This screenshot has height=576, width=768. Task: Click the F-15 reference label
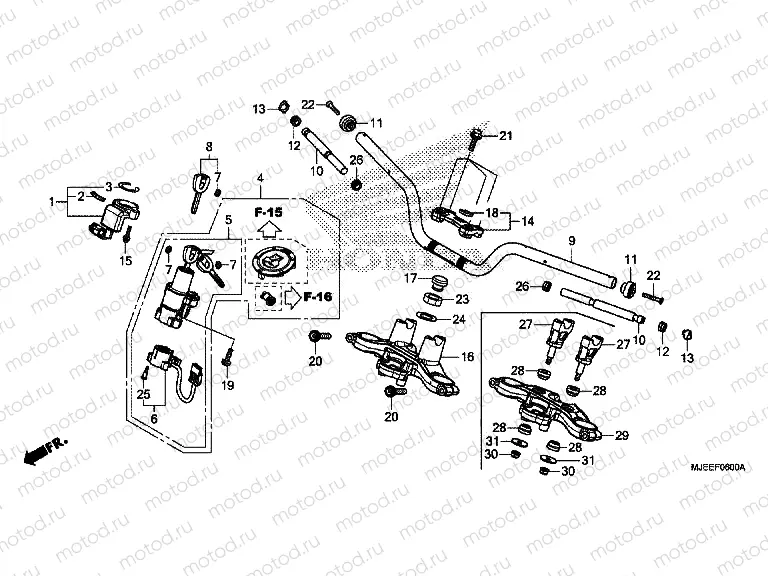click(268, 214)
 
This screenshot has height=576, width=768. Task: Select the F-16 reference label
click(317, 297)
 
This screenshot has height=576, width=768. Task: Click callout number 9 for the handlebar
click(572, 241)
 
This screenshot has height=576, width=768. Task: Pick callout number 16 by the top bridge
click(467, 356)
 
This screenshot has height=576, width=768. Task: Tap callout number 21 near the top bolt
click(505, 136)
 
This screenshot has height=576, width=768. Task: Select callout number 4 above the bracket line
click(259, 180)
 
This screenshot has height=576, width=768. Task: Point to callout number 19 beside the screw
click(227, 385)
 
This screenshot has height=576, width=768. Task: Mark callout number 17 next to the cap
click(410, 278)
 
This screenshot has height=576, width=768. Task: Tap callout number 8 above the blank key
click(210, 146)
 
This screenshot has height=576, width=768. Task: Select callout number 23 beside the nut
click(461, 299)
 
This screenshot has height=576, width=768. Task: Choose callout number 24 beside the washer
click(460, 320)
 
